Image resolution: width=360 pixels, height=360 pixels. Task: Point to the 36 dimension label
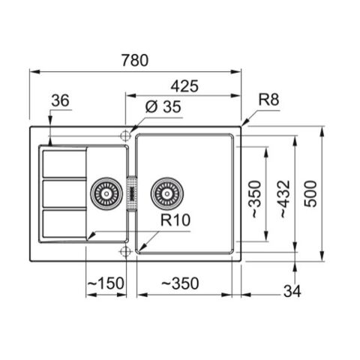61,100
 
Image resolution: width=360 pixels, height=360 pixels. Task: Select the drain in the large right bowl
165,194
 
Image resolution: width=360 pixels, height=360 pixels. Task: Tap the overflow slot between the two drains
133,194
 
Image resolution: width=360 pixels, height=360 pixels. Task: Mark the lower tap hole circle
124,250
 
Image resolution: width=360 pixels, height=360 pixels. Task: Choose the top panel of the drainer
64,163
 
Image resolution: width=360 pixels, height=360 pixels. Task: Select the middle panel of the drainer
64,194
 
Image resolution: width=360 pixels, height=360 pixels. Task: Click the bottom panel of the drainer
64,224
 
